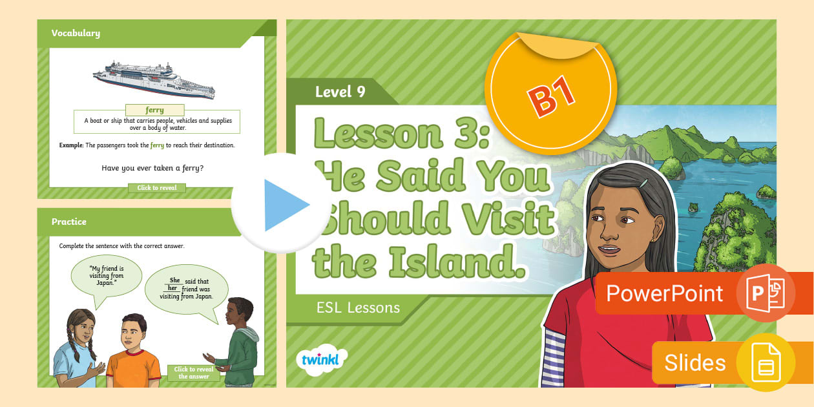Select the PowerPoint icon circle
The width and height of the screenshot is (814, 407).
point(766,293)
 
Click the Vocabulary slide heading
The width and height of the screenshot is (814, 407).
point(76,33)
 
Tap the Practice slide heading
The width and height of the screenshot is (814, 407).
point(69,222)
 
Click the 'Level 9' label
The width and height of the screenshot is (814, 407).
point(340,92)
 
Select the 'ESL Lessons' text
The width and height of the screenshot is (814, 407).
point(358,308)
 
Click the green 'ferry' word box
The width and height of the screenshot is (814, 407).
point(154,110)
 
